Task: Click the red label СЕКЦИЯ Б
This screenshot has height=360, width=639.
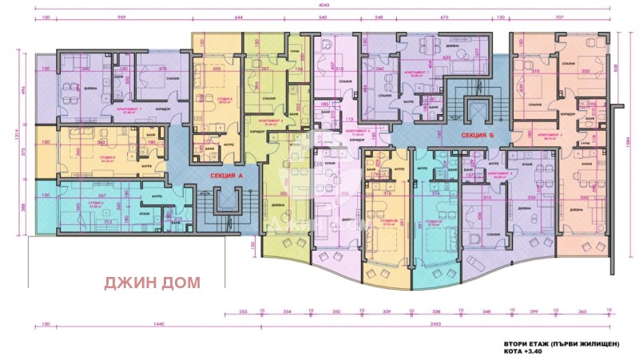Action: point(468,136)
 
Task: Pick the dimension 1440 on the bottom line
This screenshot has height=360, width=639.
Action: point(145,326)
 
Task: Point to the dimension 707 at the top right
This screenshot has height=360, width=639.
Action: point(569,16)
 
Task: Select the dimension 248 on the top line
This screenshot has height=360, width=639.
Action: point(379,16)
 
